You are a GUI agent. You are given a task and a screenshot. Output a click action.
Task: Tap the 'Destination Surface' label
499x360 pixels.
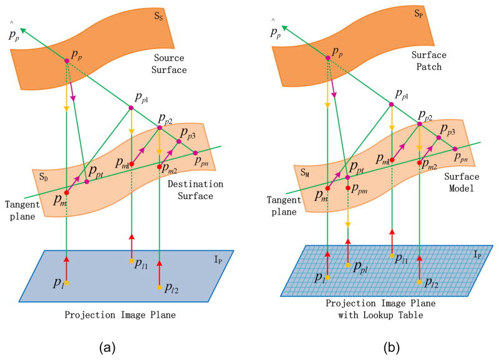tap(195, 190)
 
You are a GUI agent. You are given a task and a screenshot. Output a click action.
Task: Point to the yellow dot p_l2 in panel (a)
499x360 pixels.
tap(160, 287)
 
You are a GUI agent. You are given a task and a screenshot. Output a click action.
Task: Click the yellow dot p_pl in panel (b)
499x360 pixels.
tap(347, 265)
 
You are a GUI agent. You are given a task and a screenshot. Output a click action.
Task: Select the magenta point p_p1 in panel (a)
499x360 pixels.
tap(131, 108)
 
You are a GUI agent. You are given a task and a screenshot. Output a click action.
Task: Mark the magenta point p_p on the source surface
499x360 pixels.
tap(66, 60)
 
